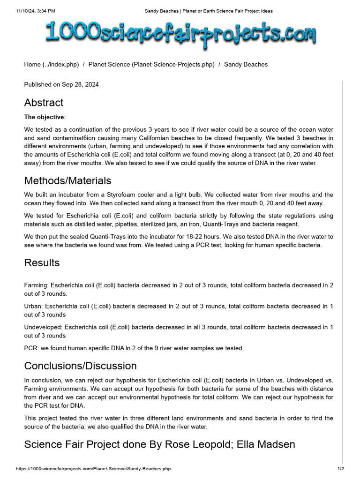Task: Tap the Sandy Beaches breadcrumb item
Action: click(x=246, y=64)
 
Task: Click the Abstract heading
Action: click(x=44, y=103)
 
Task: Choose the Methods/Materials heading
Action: click(x=67, y=180)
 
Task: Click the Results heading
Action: click(x=42, y=262)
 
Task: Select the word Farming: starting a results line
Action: click(x=36, y=285)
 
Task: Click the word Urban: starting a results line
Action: click(x=33, y=306)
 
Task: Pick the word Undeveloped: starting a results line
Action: click(x=43, y=327)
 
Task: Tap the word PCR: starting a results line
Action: click(x=31, y=348)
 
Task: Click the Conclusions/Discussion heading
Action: click(x=80, y=366)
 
